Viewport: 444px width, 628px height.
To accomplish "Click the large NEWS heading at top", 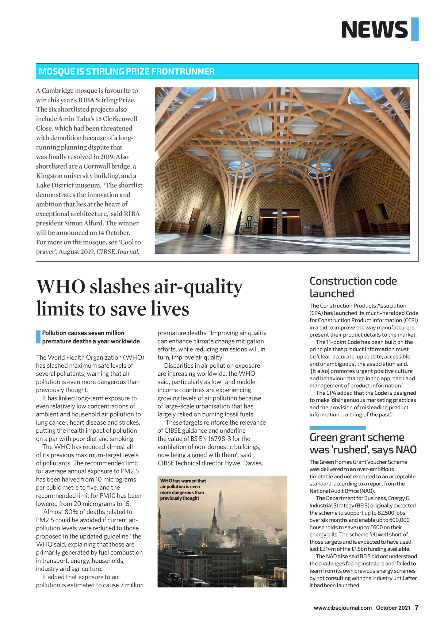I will [374, 30].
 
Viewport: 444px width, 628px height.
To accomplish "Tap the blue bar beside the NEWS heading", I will [415, 29].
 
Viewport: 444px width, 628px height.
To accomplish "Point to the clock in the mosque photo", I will [249, 220].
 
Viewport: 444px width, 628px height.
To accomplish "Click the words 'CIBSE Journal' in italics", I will [118, 252].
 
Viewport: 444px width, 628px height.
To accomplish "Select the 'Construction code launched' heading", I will [353, 287].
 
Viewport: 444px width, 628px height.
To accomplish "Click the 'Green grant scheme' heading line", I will [357, 437].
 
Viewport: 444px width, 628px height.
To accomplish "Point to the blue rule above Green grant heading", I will [337, 427].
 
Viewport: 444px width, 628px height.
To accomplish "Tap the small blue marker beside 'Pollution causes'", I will [38, 337].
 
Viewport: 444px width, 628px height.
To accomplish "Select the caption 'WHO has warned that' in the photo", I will [183, 481].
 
